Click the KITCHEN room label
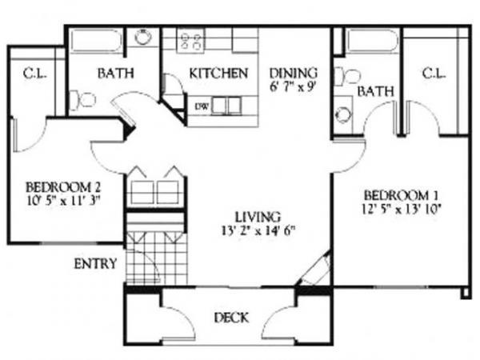coord(218,74)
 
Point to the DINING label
coord(293,72)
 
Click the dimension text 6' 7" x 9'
coord(293,86)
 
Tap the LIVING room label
coord(257,216)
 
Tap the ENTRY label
coord(95,263)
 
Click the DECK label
coord(230,318)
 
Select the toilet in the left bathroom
coord(82,100)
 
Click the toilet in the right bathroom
coord(347,76)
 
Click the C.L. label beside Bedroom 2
coord(34,74)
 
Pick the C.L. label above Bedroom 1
coord(433,74)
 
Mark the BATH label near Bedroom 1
coord(375,93)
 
